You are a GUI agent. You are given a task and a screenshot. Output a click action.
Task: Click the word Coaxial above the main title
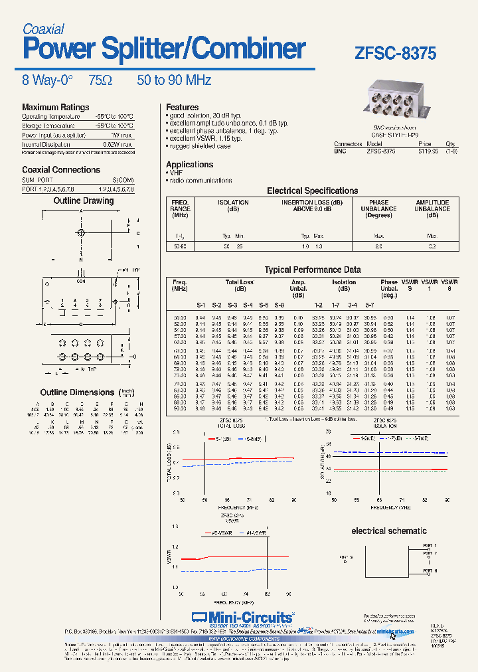tap(43, 29)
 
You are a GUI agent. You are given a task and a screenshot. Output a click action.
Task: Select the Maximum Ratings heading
tap(55, 107)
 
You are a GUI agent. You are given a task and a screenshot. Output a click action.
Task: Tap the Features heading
tap(182, 107)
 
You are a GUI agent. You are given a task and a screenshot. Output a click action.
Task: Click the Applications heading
tap(189, 164)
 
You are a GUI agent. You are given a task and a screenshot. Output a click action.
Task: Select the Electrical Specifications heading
tap(312, 191)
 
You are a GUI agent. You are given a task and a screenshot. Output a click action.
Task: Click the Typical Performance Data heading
tap(313, 270)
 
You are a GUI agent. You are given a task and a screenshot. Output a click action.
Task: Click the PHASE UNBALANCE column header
tap(379, 209)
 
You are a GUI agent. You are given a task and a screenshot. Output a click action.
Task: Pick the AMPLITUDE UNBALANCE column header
tap(432, 209)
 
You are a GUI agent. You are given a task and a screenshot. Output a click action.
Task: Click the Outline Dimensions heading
tap(77, 392)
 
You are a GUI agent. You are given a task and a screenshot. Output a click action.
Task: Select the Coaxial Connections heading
tap(61, 169)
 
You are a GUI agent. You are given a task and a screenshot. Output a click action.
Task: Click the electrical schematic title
tap(388, 531)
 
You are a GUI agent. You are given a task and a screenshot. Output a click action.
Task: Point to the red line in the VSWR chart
tap(239, 556)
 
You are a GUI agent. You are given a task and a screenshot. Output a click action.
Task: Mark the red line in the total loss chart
tap(239, 458)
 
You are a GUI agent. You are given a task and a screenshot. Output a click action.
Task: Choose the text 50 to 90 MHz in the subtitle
tap(174, 80)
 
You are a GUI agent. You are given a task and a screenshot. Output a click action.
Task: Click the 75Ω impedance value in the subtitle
tap(100, 80)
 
